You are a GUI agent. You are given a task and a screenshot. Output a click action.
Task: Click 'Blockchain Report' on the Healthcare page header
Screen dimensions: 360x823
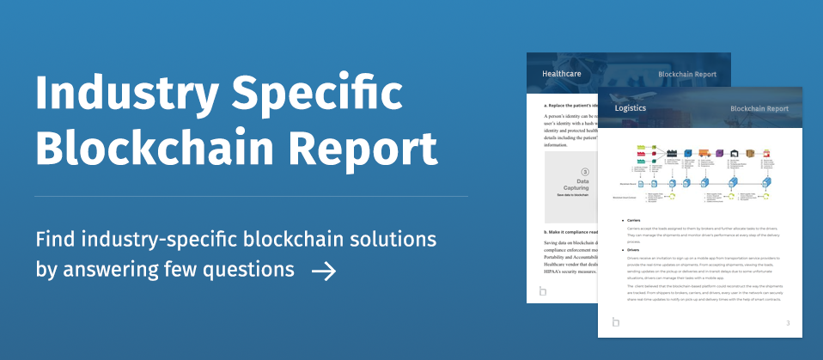tap(687, 75)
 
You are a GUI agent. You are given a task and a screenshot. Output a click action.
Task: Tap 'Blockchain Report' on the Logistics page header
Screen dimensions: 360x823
tap(759, 109)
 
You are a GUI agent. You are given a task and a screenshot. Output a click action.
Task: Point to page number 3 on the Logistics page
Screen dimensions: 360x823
tap(788, 322)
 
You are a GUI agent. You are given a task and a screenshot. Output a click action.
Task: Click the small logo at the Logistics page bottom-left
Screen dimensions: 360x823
tap(615, 322)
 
